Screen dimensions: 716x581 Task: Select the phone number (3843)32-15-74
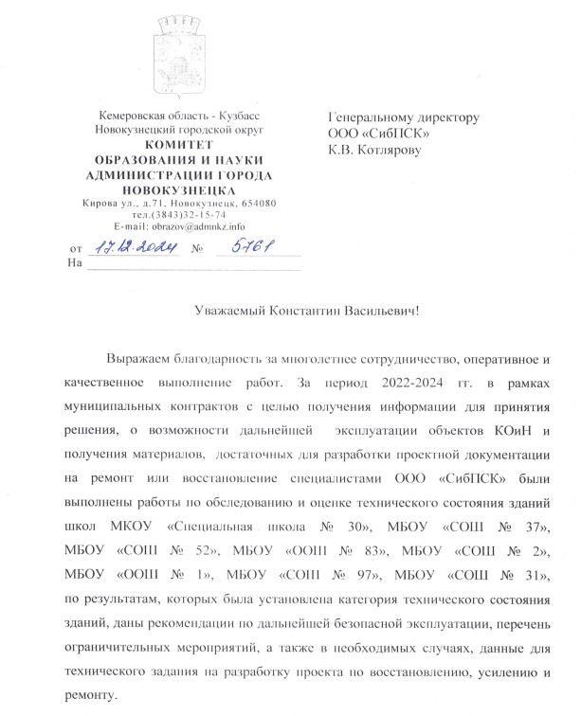[192, 214]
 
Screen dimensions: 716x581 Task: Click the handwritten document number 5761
[242, 248]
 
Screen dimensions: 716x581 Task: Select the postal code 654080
[256, 202]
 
